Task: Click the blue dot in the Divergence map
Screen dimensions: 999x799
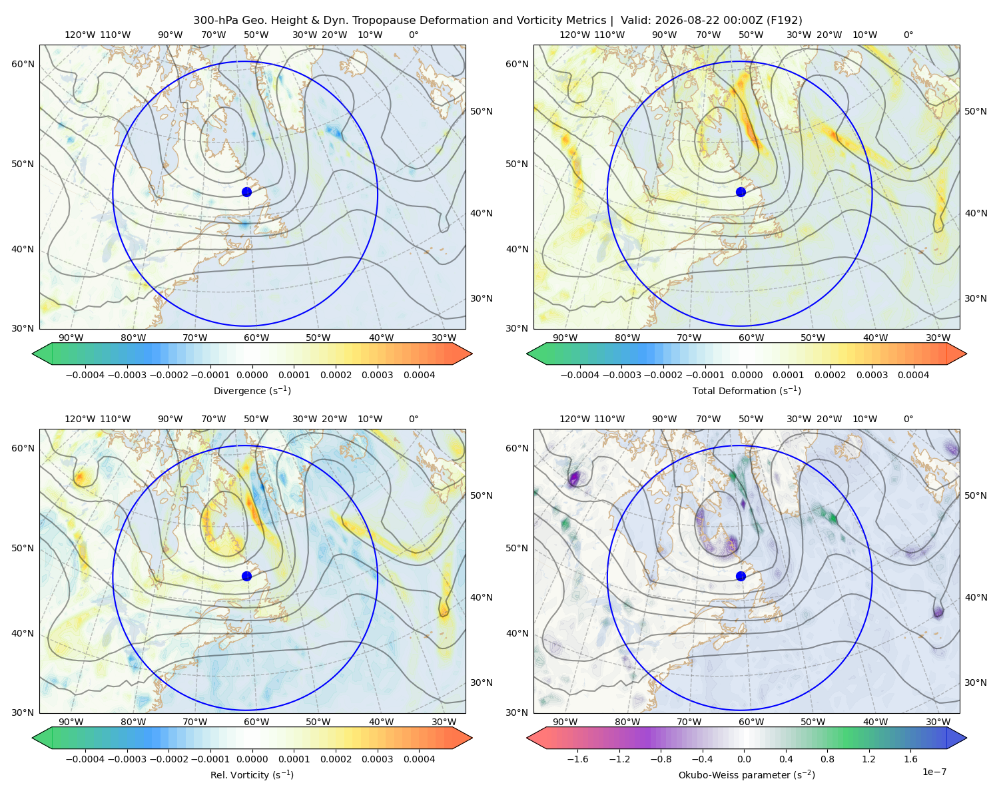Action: point(246,192)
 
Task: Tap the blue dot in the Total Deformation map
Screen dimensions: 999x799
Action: point(741,192)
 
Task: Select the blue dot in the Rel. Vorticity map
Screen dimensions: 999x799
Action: point(246,576)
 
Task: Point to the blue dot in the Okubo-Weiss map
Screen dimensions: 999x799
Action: point(741,576)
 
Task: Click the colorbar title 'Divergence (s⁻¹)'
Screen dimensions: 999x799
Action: point(252,390)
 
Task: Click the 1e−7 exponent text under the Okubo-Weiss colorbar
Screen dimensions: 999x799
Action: point(934,772)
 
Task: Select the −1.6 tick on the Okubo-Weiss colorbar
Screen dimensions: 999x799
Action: point(577,758)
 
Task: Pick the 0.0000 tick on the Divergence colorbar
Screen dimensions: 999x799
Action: point(252,375)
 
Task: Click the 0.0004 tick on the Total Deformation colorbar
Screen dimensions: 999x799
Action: point(913,375)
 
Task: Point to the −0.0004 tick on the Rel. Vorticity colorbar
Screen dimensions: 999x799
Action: point(85,758)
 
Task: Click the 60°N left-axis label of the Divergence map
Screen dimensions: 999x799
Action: point(23,64)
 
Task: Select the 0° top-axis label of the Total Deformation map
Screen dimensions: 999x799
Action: point(908,35)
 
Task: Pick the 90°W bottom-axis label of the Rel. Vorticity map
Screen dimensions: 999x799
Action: point(71,722)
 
